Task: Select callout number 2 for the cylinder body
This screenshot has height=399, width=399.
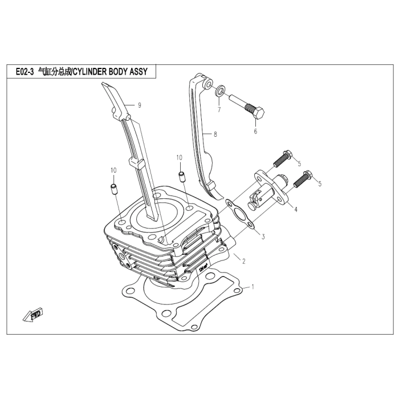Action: [x=243, y=262]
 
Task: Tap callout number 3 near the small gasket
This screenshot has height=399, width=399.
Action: [x=263, y=235]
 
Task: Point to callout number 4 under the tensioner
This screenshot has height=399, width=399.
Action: [x=295, y=209]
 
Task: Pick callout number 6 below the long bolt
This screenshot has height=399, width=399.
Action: [x=255, y=132]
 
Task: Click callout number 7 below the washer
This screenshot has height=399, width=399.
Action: [x=218, y=109]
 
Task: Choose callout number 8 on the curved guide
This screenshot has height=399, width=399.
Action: [x=215, y=135]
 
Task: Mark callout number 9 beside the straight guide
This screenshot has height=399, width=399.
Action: [x=139, y=105]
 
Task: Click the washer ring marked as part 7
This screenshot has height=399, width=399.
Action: [x=220, y=91]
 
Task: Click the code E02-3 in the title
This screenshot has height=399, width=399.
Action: [x=22, y=72]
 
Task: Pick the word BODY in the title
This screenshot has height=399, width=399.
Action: [x=123, y=72]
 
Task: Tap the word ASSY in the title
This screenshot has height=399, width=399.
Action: [x=145, y=72]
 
